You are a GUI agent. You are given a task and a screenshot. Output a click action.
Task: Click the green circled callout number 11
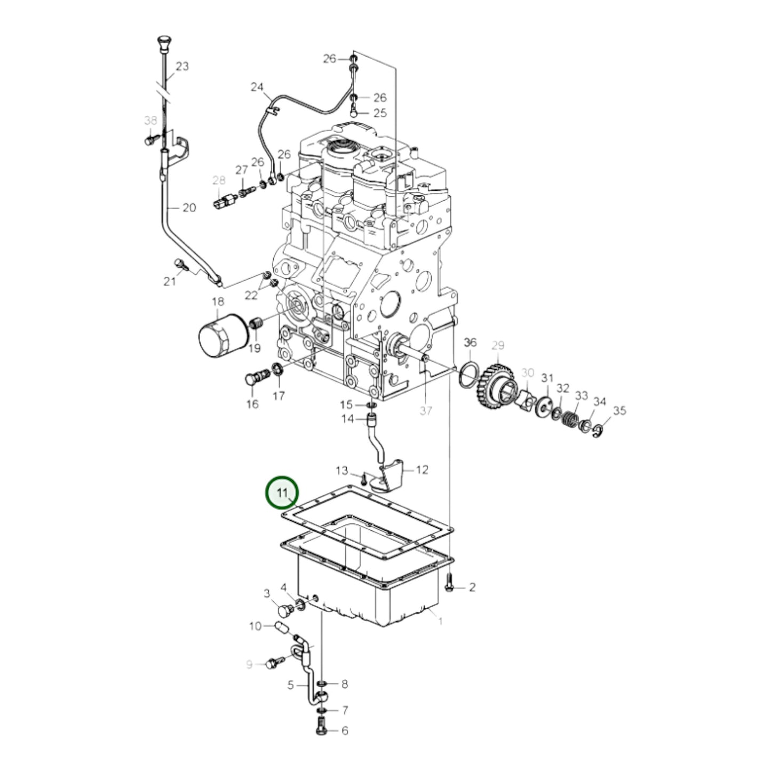[282, 492]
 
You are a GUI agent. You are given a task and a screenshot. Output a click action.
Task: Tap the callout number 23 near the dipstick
[182, 67]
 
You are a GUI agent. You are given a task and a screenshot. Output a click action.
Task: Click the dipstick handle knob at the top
[163, 42]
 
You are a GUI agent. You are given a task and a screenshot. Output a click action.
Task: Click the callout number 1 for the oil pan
[440, 621]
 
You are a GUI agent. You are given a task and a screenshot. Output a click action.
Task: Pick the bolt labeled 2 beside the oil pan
[449, 586]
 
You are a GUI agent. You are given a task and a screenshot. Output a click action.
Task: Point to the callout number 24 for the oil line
[257, 86]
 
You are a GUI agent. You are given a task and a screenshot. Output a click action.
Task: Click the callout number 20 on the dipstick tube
[189, 208]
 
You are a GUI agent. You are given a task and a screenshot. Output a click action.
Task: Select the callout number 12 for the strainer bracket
[422, 470]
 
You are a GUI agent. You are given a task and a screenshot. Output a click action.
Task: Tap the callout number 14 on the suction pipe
[348, 419]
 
